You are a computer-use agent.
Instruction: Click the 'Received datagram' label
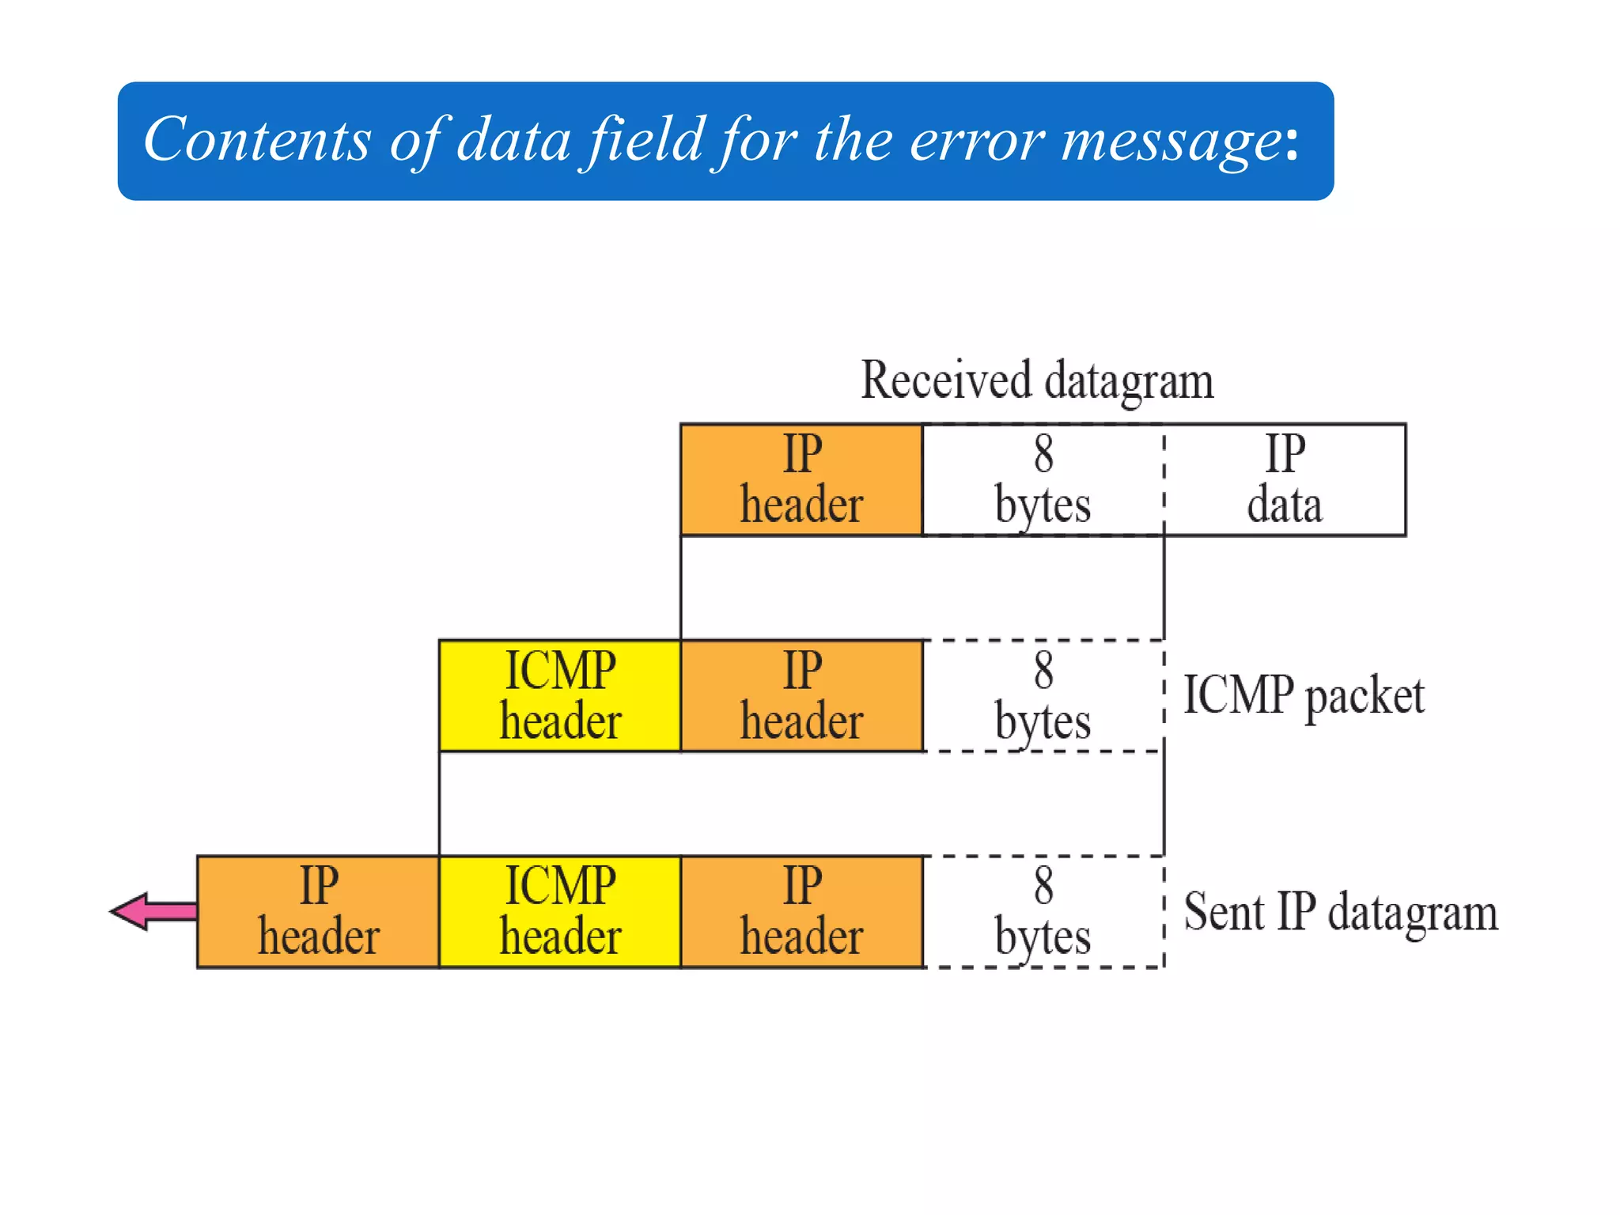tap(1037, 380)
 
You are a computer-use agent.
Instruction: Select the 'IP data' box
tap(1285, 480)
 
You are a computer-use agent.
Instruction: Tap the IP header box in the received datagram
tap(801, 480)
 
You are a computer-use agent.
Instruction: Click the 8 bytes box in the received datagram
tap(1043, 480)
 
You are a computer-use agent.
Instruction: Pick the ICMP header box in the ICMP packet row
tap(560, 695)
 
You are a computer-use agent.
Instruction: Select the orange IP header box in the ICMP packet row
tap(801, 695)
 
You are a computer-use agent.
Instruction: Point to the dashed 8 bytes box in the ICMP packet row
tap(1043, 695)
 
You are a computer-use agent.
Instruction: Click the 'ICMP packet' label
tap(1303, 695)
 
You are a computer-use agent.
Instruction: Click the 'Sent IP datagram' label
tap(1341, 912)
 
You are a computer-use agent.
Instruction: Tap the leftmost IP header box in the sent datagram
tap(318, 911)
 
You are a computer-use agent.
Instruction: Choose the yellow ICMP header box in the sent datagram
tap(560, 911)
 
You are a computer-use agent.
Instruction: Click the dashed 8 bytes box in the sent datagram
tap(1043, 911)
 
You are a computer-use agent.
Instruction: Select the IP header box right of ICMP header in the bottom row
tap(801, 911)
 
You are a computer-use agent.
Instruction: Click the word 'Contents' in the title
tap(257, 139)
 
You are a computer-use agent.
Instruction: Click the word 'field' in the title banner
tap(642, 139)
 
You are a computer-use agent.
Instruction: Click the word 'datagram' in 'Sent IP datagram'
tap(1413, 914)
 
